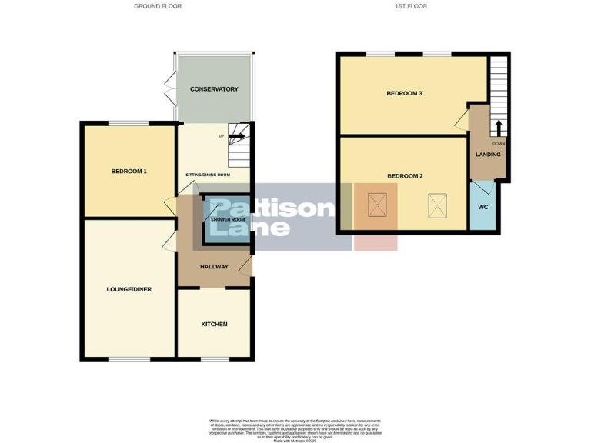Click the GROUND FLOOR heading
(x=158, y=6)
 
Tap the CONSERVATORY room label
(x=214, y=89)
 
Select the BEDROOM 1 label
(x=129, y=171)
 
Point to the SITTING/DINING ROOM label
(x=208, y=175)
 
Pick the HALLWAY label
(x=214, y=267)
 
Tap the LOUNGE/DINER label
(x=129, y=290)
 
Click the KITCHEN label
(x=214, y=324)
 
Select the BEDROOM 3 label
(x=404, y=94)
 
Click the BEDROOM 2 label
(x=405, y=176)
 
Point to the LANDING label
(x=488, y=155)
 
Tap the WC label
(x=483, y=208)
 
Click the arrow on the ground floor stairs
(x=237, y=137)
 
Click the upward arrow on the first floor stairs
(x=499, y=127)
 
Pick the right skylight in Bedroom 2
(x=436, y=205)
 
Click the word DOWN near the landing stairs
(x=499, y=144)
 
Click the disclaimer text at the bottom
(x=295, y=428)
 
